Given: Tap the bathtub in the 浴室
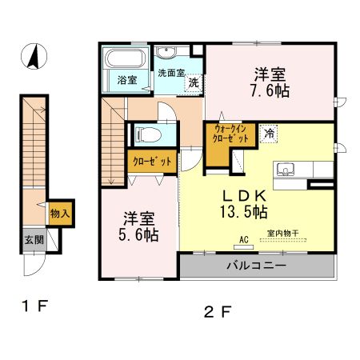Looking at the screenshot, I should click(124, 59).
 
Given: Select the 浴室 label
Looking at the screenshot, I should click(126, 80).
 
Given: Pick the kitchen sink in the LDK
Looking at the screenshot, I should click(286, 170).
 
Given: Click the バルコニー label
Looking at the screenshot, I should click(256, 266).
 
